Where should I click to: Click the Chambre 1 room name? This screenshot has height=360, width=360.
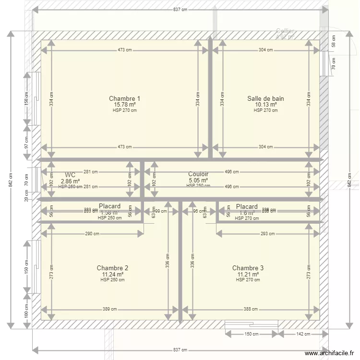[x=124, y=98]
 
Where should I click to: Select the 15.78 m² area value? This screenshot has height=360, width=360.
[x=124, y=105]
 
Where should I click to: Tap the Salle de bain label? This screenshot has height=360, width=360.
[x=265, y=98]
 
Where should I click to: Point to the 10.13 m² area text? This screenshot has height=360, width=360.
[x=265, y=105]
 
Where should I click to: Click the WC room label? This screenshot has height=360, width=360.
[x=70, y=175]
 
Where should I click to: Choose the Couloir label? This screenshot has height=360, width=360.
[x=198, y=174]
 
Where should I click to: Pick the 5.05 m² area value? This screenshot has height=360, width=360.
[x=198, y=181]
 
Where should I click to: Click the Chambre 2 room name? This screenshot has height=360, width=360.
[x=112, y=268]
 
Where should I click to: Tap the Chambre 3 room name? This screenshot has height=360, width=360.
[x=248, y=268]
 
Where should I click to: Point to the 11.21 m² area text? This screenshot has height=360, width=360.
[x=248, y=275]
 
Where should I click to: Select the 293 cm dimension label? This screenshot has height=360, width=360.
[x=268, y=234]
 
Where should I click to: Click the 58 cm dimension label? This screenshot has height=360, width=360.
[x=334, y=41]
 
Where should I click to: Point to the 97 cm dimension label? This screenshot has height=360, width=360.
[x=27, y=142]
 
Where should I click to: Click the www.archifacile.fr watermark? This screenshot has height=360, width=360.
[x=331, y=353]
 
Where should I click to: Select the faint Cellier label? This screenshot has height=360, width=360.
[x=285, y=31]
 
